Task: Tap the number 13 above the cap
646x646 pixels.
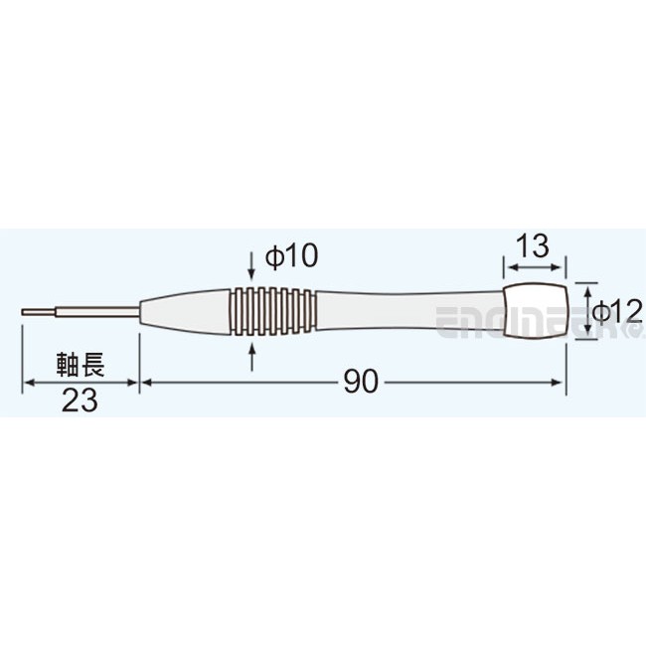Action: pyautogui.click(x=534, y=247)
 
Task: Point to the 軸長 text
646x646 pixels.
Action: pyautogui.click(x=80, y=364)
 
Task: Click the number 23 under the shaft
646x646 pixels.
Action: pyautogui.click(x=80, y=401)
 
